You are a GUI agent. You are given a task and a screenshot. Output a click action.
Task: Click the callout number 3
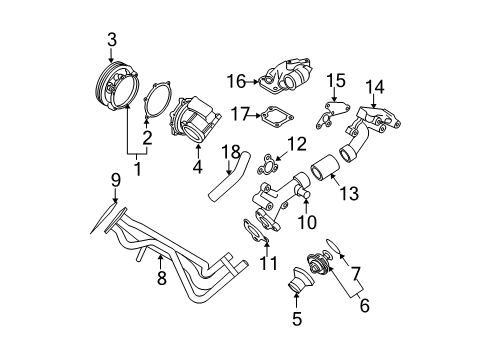[x=112, y=39]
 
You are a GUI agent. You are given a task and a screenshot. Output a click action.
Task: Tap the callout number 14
[x=374, y=85]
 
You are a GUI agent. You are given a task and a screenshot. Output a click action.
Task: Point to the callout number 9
[x=115, y=181]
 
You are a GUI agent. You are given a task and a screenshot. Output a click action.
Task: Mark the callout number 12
[x=293, y=146]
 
